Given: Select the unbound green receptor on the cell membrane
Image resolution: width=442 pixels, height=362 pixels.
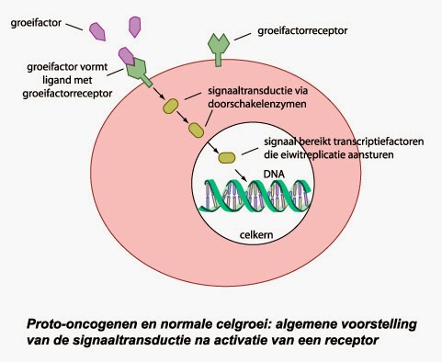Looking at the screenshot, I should coord(219,49).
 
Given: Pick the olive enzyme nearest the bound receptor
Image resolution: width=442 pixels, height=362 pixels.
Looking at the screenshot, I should coord(171,107).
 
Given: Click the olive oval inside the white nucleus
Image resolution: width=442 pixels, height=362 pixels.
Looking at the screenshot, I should coord(225,157).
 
